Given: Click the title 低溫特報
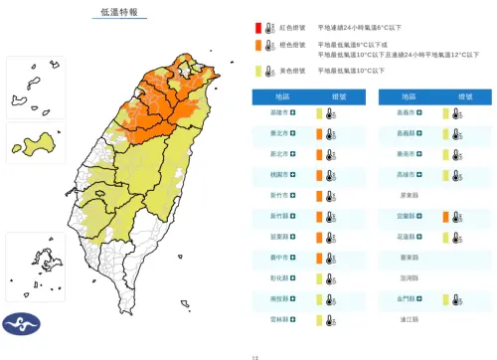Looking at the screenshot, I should click(x=119, y=12).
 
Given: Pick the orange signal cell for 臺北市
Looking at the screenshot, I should click(x=318, y=135).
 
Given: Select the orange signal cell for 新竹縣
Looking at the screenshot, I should click(x=318, y=217).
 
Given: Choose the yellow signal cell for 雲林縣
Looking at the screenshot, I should click(x=318, y=319).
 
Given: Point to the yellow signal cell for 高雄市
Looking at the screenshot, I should click(x=446, y=175).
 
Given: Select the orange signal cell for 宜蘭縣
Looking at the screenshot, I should click(x=446, y=217).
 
